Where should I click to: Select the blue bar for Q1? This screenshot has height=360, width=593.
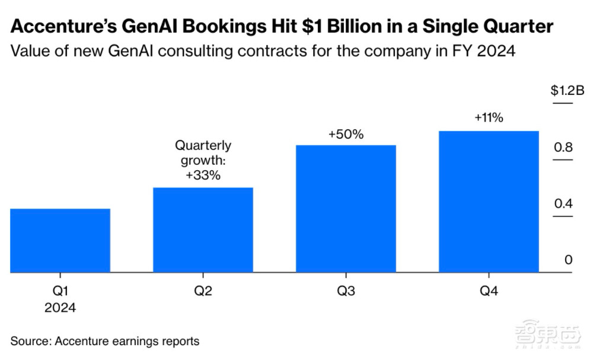pos(60,240)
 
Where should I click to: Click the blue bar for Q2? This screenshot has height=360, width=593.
pos(203,230)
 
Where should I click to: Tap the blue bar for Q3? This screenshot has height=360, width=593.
pos(346,208)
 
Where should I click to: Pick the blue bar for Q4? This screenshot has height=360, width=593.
pos(489,201)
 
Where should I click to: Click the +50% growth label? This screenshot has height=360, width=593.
pos(346,135)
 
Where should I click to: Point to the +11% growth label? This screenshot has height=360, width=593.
pos(489,118)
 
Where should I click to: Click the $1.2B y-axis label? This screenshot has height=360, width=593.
pos(568,91)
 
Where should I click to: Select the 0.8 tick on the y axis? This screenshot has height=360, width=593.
pos(564,147)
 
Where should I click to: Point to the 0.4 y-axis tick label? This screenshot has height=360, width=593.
pos(564,203)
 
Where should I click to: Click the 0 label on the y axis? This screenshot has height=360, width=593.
pos(568,260)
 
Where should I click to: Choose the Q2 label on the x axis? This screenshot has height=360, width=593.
pos(203,291)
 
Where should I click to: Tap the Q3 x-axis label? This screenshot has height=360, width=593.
pos(346,291)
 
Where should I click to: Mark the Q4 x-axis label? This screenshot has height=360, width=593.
pos(489,291)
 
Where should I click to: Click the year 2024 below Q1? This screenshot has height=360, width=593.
pos(60,307)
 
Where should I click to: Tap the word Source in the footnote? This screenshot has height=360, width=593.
pos(30,341)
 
